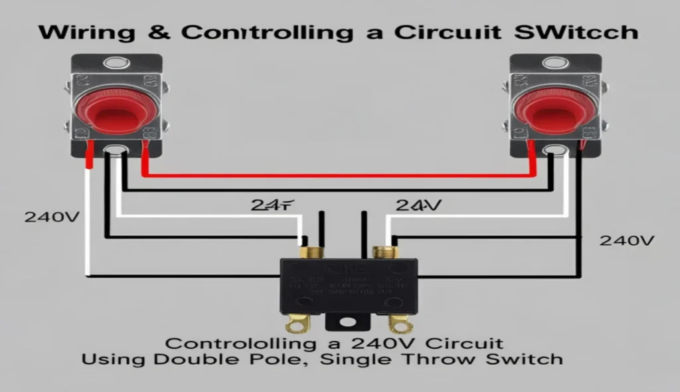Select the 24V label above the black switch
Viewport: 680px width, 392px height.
coord(418,206)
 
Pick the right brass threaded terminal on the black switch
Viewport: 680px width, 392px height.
coord(383,252)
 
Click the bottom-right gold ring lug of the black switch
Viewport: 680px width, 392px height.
coord(400,324)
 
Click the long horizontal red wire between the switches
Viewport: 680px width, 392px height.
coord(339,176)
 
